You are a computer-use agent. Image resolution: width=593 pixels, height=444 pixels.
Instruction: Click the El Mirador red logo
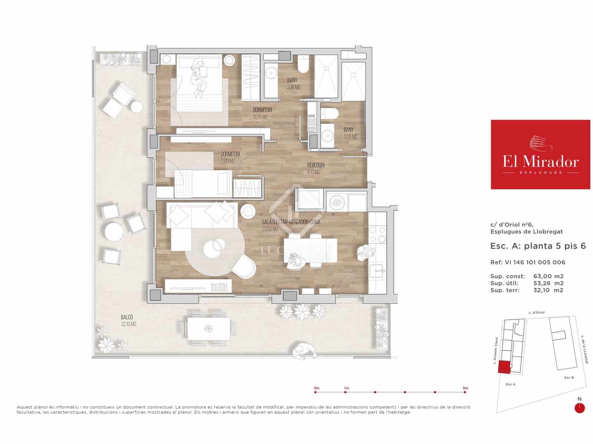click(540, 154)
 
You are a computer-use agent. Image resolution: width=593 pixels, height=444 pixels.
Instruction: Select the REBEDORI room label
click(316, 168)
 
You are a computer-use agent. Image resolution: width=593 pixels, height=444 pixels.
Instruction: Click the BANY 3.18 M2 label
click(294, 84)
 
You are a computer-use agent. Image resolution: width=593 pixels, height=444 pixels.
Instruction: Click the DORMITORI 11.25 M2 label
click(262, 113)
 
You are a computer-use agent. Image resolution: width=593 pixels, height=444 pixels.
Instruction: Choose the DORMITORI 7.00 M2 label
click(230, 157)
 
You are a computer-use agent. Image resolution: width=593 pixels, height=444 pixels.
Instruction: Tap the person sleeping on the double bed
click(199, 78)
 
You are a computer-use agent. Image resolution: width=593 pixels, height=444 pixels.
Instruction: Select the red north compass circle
click(579, 408)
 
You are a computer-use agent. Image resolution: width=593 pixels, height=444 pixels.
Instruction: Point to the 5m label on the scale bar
click(465, 388)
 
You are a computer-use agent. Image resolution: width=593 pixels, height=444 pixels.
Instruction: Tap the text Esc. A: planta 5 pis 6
click(538, 246)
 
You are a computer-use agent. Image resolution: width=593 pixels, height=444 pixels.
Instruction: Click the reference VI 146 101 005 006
click(535, 262)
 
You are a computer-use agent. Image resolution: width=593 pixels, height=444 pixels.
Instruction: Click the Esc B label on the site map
click(569, 377)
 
